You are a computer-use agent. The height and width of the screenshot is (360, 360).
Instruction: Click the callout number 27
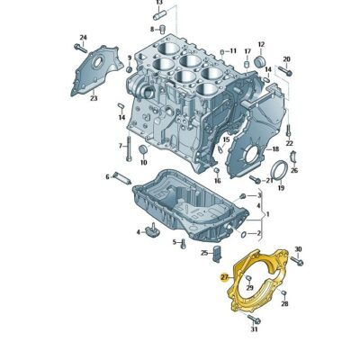click(x=224, y=277)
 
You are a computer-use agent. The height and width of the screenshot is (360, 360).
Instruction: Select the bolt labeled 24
click(x=80, y=49)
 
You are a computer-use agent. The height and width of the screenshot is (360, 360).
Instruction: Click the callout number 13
click(x=159, y=3)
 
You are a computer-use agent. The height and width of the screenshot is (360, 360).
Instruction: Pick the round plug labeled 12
click(x=260, y=61)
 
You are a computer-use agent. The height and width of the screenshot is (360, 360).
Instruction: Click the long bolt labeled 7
click(x=129, y=148)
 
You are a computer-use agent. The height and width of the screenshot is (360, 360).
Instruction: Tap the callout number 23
click(x=94, y=98)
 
